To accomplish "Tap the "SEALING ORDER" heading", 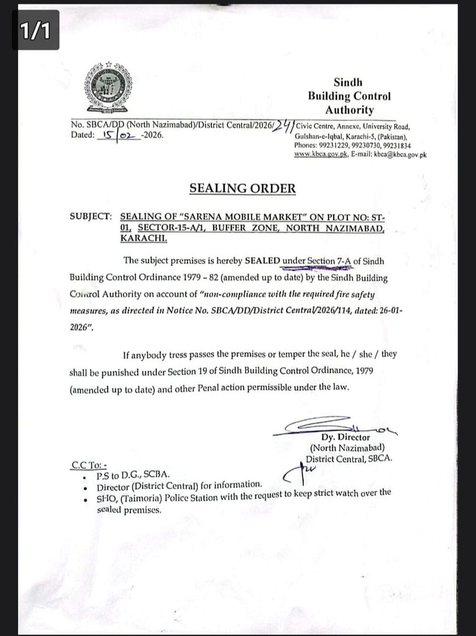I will (242, 188).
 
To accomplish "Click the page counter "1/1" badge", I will (35, 31).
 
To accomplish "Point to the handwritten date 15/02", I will (119, 135).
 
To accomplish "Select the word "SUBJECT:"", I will (91, 216).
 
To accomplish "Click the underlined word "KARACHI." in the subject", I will (143, 238).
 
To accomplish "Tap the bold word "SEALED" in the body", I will (262, 261).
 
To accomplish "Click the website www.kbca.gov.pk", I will (321, 154).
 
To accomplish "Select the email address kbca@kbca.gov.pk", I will (400, 154).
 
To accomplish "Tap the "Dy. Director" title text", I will (345, 437).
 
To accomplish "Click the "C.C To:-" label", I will (89, 464).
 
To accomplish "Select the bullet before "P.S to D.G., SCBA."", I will (84, 475).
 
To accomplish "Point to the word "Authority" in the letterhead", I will (349, 110).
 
